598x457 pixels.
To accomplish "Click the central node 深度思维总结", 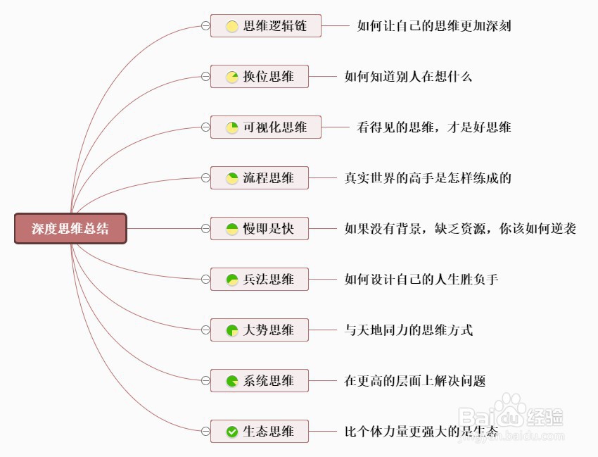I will tap(70, 229).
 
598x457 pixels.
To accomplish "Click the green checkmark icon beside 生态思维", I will tap(232, 432).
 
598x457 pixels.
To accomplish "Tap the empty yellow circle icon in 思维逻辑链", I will tap(232, 26).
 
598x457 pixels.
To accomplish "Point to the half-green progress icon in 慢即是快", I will tap(232, 229).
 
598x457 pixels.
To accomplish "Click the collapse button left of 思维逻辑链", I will tap(205, 26).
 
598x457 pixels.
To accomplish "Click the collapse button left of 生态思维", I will tap(205, 432).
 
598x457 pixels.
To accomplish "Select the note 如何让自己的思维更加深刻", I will tap(433, 26).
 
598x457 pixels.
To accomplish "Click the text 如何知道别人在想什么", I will tap(408, 77).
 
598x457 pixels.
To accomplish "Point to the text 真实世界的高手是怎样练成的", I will tap(428, 178).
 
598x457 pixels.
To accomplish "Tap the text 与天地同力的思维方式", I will tap(408, 330).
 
